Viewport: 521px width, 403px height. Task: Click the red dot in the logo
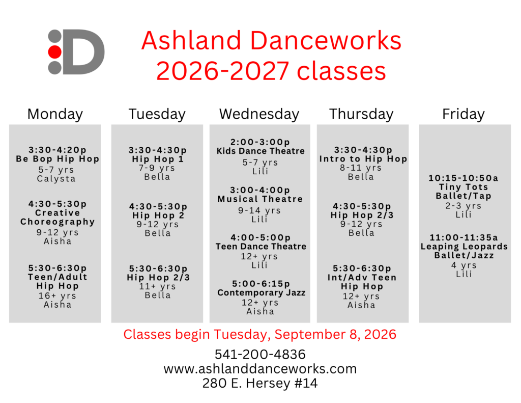[x=55, y=52]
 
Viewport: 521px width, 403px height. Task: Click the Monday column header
[x=55, y=114]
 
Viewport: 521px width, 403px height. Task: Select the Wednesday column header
[x=259, y=114]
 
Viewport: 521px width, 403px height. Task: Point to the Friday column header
[x=464, y=114]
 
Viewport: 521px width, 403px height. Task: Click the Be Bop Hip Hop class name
[x=57, y=159]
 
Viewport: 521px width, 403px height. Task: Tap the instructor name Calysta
[x=56, y=179]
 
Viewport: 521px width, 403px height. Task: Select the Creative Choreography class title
[x=57, y=218]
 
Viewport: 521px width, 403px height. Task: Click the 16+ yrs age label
[x=57, y=295]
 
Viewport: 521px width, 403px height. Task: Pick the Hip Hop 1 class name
[x=158, y=159]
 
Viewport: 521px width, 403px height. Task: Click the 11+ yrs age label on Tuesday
[x=158, y=286]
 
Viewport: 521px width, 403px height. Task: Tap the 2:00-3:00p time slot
[x=260, y=142]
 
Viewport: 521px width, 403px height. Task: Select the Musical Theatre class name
[x=260, y=199]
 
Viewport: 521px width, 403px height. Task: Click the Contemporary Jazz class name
[x=261, y=292]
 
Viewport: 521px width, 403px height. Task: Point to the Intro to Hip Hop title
[x=363, y=159]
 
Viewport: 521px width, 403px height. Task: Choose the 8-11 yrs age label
[x=361, y=168]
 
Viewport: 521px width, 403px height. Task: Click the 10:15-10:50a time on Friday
[x=463, y=178]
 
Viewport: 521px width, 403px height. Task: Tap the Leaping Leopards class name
[x=464, y=246]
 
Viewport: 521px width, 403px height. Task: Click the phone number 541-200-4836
[x=260, y=355]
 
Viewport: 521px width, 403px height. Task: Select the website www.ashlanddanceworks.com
[x=260, y=369]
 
